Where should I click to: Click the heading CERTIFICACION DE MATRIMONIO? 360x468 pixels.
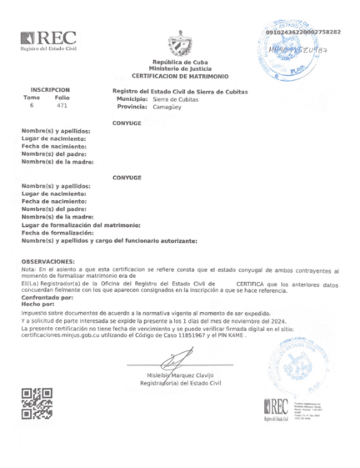(180, 76)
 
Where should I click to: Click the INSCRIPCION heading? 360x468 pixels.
(50, 88)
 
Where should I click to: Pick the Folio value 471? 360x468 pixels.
(62, 106)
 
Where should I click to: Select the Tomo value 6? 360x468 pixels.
(32, 106)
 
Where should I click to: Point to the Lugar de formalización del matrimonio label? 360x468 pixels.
(81, 225)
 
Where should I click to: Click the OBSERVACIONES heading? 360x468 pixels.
(53, 261)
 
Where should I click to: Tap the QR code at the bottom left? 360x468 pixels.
(37, 403)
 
